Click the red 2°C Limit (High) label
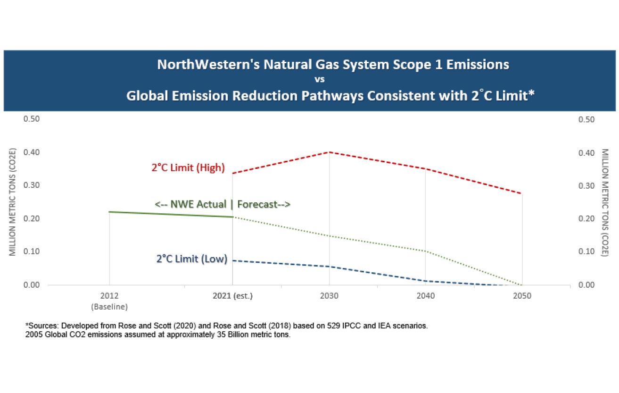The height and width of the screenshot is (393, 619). [x=188, y=167]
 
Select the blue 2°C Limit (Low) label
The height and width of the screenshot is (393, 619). [x=192, y=259]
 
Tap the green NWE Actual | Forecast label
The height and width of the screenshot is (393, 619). [x=223, y=204]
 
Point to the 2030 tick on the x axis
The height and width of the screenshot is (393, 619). [x=329, y=296]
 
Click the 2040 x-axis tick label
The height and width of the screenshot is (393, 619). [x=426, y=296]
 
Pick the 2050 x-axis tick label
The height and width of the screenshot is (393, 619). [x=522, y=296]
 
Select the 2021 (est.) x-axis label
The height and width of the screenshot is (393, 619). [x=232, y=296]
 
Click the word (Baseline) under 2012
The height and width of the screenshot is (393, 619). [x=109, y=306]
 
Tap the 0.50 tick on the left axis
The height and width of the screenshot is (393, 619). [x=31, y=119]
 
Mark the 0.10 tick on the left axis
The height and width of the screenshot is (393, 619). [x=31, y=251]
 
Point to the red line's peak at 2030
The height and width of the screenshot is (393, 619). [x=329, y=152]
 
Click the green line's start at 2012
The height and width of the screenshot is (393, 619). [x=109, y=212]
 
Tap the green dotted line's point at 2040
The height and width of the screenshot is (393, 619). [x=426, y=251]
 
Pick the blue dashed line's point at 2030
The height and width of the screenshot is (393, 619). [x=329, y=267]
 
